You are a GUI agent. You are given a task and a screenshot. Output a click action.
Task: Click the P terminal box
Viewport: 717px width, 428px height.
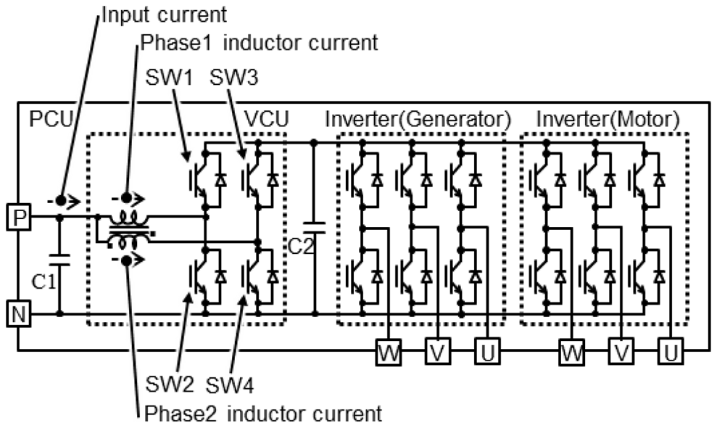tap(18, 215)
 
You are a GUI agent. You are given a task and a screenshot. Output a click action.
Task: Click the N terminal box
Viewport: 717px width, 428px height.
tap(18, 314)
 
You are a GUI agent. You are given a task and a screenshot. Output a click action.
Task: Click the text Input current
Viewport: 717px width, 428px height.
tap(164, 15)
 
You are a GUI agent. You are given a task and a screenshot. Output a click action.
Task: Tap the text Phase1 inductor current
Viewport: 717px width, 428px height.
tap(259, 43)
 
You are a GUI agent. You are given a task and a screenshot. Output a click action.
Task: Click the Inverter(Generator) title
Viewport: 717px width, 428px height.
tap(418, 118)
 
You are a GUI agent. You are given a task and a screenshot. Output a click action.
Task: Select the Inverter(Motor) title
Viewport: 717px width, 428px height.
tap(608, 118)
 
